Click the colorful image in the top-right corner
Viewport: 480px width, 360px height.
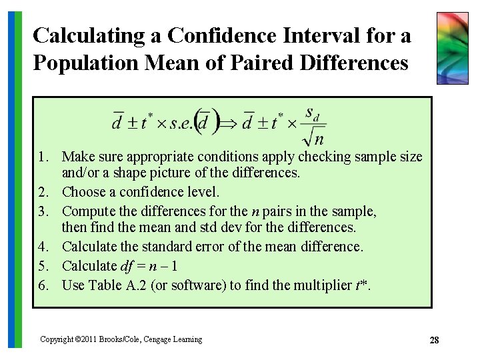[452, 48]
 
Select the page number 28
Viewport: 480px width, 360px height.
[434, 341]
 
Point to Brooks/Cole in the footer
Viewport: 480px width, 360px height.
[121, 339]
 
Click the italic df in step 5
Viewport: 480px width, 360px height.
[127, 266]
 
